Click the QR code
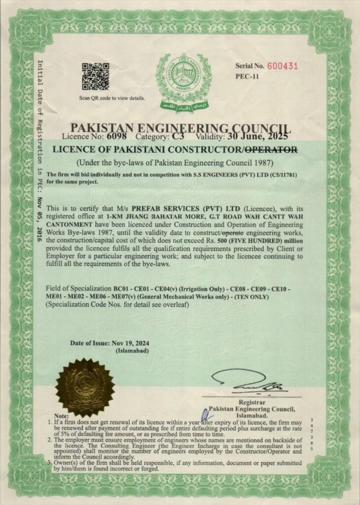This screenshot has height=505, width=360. click(95, 76)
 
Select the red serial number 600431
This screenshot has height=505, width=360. click(283, 66)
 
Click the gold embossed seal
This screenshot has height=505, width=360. click(85, 387)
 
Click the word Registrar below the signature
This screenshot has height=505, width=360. click(252, 402)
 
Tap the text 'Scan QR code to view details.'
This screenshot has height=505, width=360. click(112, 98)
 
